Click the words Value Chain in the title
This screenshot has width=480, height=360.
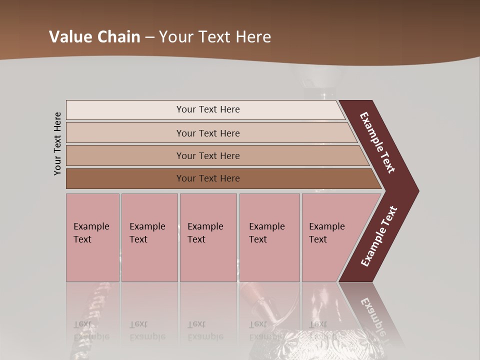94,37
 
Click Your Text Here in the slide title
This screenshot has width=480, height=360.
215,37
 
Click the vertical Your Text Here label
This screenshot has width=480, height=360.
57,143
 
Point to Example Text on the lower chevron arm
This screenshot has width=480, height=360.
378,236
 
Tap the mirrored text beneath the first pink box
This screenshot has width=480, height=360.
91,330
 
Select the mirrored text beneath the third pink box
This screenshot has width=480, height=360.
205,330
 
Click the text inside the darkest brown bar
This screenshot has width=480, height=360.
208,178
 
